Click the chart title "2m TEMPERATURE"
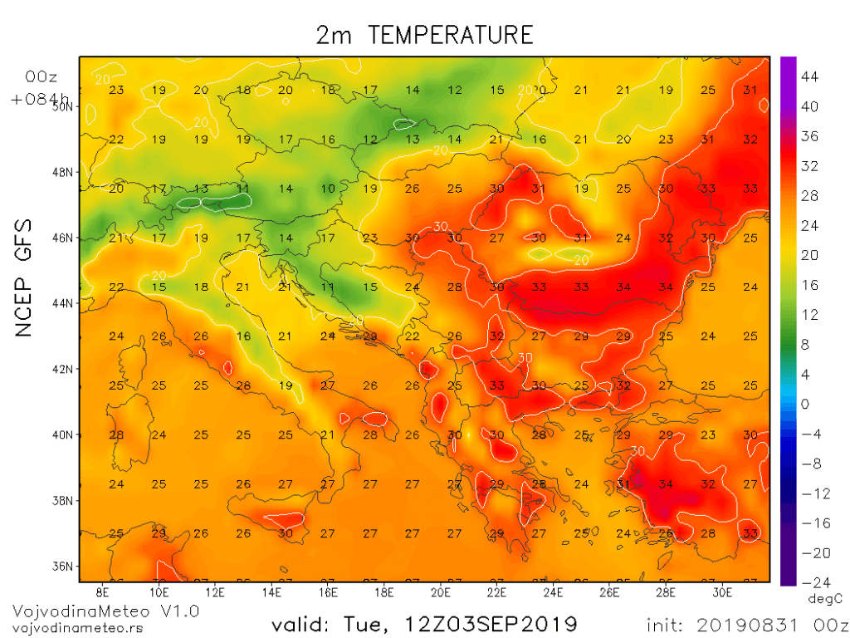(x=424, y=35)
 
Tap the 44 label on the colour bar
(x=809, y=77)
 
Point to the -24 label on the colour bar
(x=809, y=582)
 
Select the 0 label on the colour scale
(x=804, y=405)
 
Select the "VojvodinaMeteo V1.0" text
(x=105, y=611)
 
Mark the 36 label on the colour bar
(x=809, y=136)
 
